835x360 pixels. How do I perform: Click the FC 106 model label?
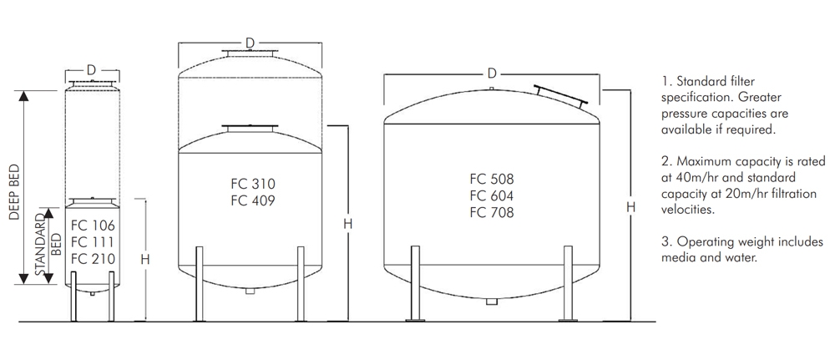(x=93, y=226)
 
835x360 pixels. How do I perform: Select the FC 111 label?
(x=93, y=242)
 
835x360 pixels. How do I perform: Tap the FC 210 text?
(x=93, y=259)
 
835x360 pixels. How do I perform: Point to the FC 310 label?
(x=251, y=184)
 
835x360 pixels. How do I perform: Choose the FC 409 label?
(x=251, y=200)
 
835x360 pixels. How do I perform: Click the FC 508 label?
(x=492, y=179)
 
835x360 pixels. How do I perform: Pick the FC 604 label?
(x=492, y=195)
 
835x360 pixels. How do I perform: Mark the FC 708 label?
(x=492, y=212)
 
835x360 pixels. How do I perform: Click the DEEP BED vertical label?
(x=14, y=191)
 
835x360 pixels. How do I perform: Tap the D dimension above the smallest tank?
(x=92, y=68)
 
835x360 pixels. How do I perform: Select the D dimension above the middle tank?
(x=250, y=43)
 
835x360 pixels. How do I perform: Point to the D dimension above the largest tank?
(x=492, y=74)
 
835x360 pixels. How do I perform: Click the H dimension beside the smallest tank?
(x=145, y=259)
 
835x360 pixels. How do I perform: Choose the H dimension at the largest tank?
(x=631, y=205)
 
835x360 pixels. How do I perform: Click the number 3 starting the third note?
(x=665, y=242)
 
